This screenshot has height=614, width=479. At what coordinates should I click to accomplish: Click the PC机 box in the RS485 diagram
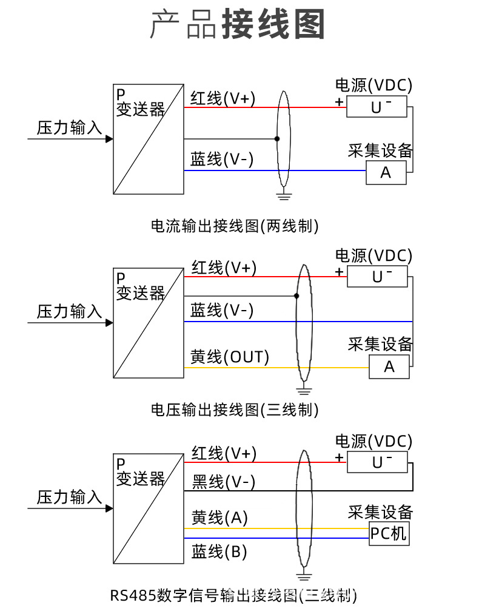tap(389, 534)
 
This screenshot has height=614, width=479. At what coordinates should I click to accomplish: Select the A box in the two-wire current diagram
tap(386, 173)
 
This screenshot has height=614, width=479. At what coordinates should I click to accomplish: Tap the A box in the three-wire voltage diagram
tap(389, 367)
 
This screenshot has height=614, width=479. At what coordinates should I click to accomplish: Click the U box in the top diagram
tap(377, 107)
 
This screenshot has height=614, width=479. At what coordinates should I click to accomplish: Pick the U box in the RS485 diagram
tap(377, 462)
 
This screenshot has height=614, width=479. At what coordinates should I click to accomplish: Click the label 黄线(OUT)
tap(230, 357)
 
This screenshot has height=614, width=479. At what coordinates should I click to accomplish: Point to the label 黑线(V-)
tap(223, 482)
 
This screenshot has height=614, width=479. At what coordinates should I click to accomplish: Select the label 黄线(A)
tap(219, 518)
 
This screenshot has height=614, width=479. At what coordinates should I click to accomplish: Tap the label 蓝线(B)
tap(219, 552)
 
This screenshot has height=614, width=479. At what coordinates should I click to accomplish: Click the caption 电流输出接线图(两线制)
tap(235, 226)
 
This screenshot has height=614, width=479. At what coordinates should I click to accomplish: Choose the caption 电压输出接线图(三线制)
tap(235, 410)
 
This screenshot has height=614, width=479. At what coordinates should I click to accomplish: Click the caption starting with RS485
tap(233, 595)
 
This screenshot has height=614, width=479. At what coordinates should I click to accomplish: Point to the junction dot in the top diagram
tap(277, 139)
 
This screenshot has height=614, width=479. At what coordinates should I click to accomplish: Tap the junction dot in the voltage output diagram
tap(296, 296)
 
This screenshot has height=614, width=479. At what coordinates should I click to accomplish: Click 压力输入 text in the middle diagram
tap(70, 312)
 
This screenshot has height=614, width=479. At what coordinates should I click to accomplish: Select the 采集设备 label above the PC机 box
tap(380, 511)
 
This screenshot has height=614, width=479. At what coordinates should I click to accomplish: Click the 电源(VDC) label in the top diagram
tap(373, 85)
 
